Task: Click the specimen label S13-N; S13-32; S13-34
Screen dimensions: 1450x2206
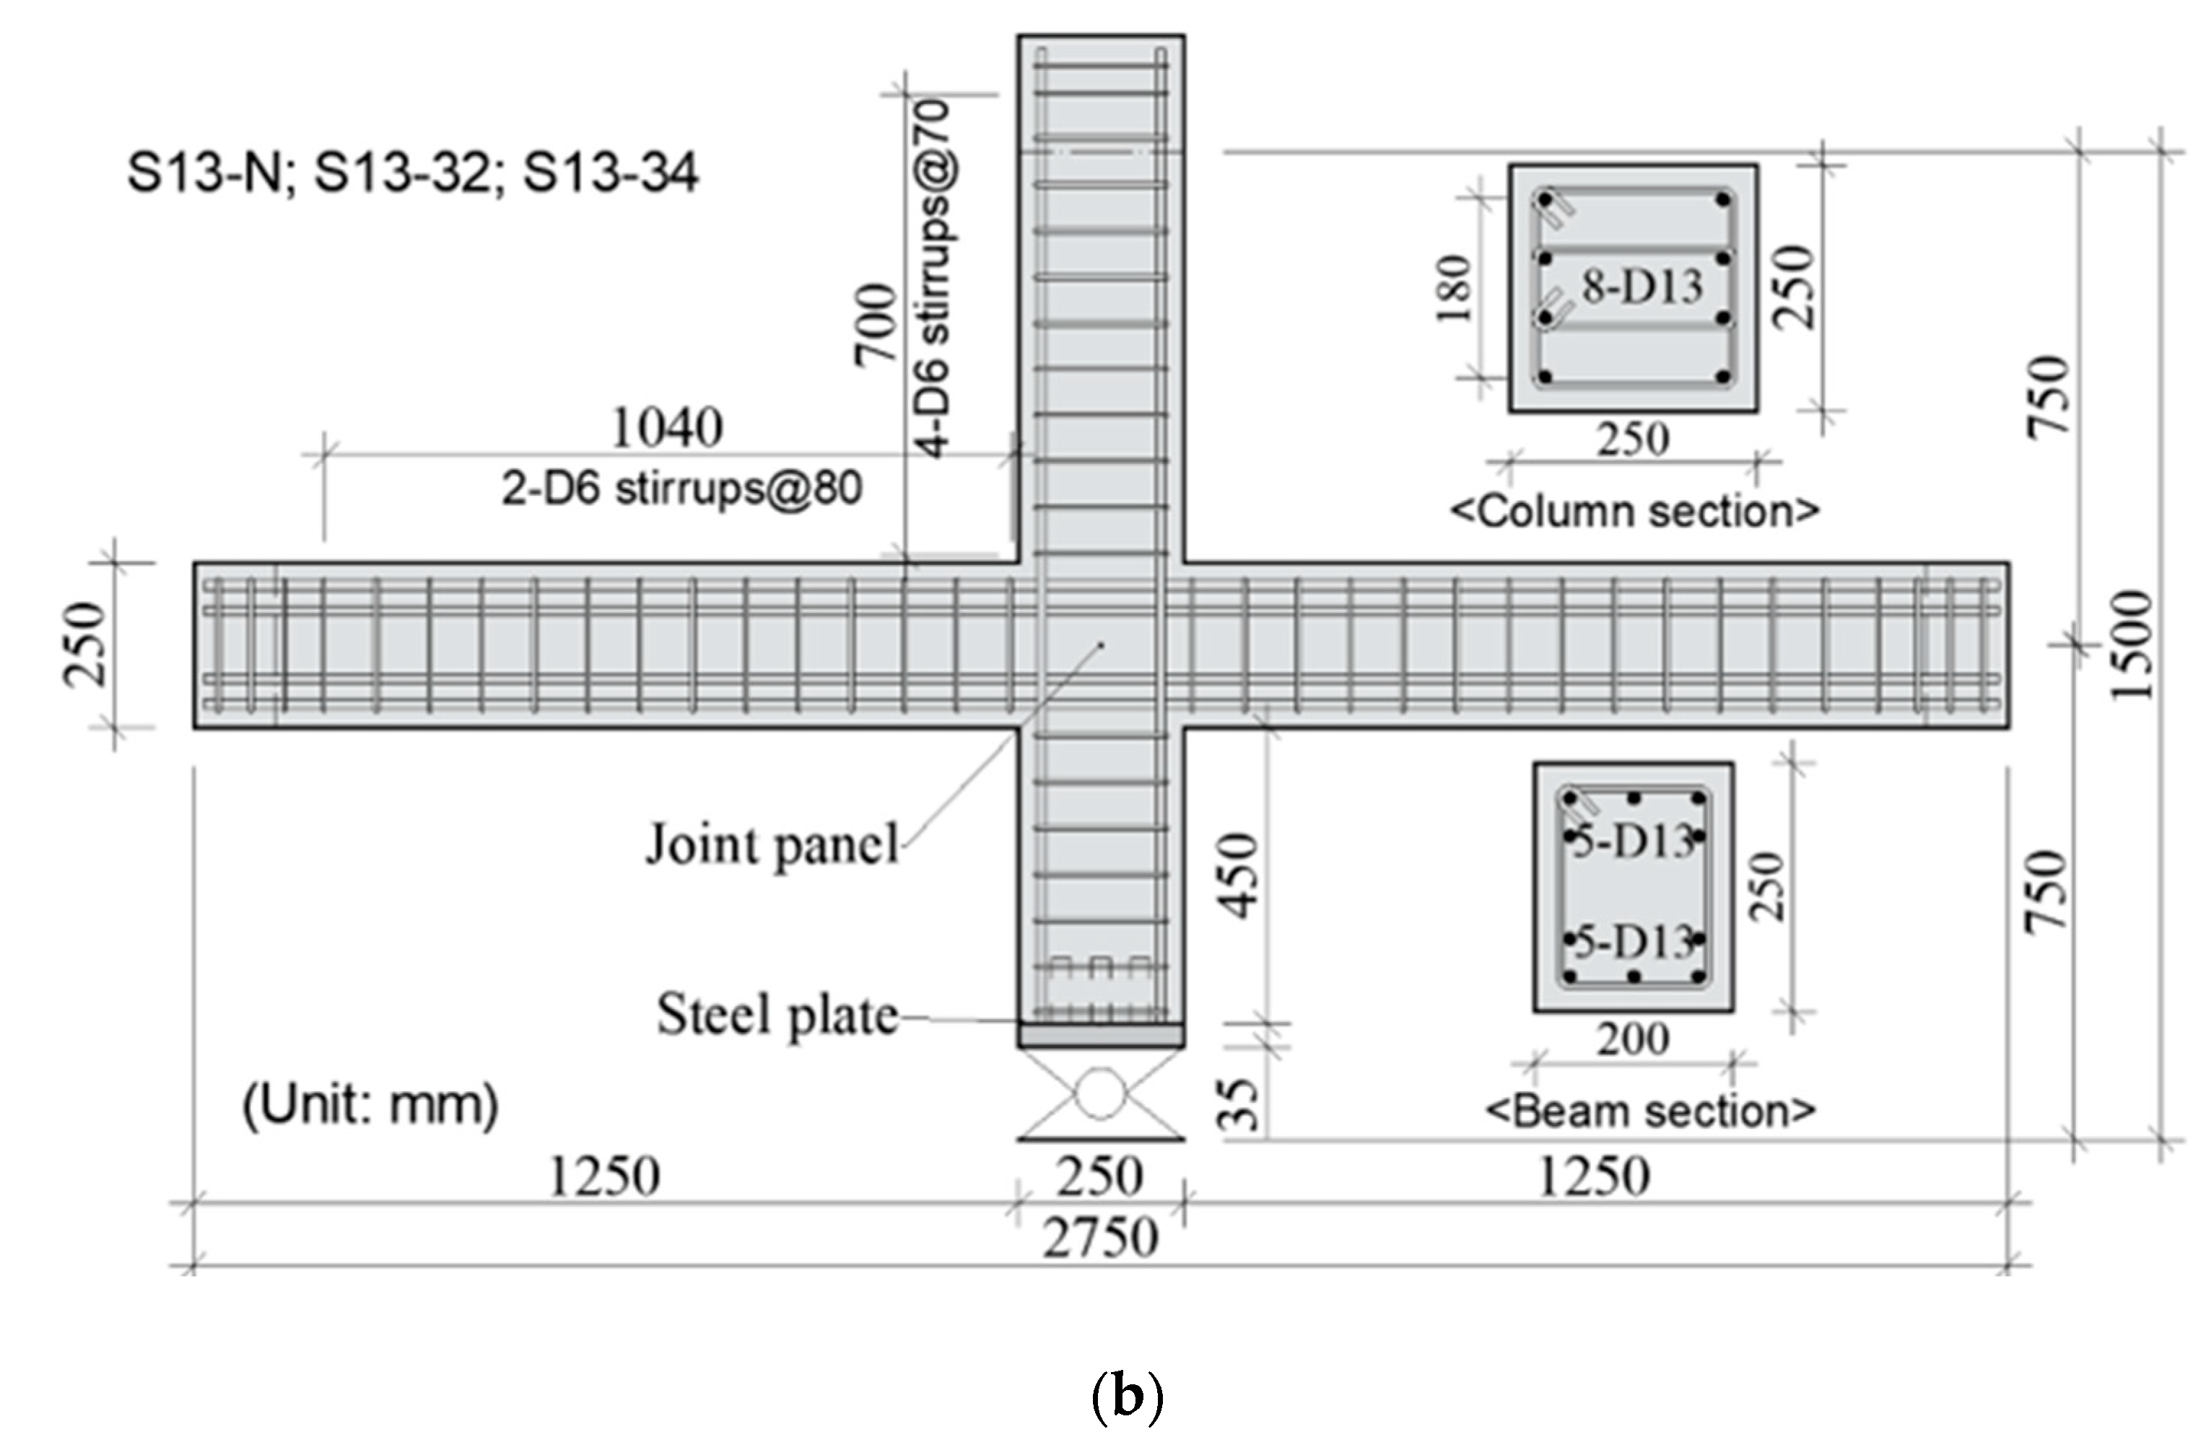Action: [412, 173]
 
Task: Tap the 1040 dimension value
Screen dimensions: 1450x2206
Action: [668, 428]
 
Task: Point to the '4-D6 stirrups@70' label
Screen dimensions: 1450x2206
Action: [934, 278]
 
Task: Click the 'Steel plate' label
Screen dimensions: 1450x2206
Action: [777, 1015]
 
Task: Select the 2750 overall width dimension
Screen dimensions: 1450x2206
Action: [1100, 1238]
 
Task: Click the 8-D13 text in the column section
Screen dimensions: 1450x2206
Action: [1642, 287]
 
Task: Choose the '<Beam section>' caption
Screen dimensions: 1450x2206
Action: [1650, 1110]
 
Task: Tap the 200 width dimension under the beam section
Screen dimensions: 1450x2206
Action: [1632, 1039]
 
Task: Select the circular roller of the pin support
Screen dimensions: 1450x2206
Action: [1100, 1094]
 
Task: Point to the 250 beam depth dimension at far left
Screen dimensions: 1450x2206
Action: [85, 644]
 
